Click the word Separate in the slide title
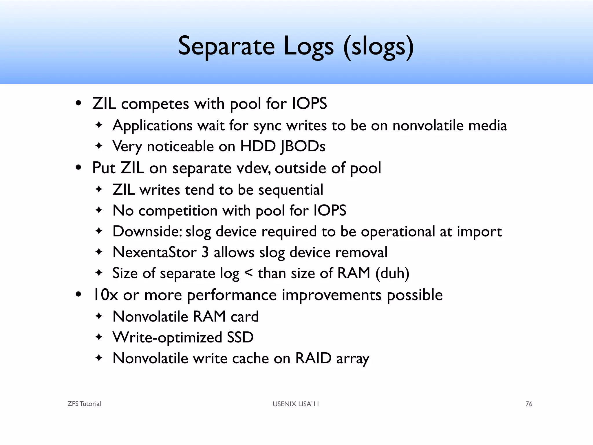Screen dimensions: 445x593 pyautogui.click(x=226, y=46)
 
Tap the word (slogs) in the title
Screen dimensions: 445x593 pyautogui.click(x=378, y=46)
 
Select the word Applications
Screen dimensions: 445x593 pyautogui.click(x=152, y=126)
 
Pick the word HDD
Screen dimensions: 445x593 pyautogui.click(x=258, y=146)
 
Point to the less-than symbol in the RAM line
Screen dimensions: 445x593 pyautogui.click(x=249, y=273)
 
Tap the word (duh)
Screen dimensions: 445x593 pyautogui.click(x=392, y=273)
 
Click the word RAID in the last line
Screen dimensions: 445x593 pyautogui.click(x=313, y=358)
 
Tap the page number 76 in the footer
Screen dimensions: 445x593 pyautogui.click(x=529, y=404)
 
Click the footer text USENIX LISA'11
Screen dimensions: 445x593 pyautogui.click(x=296, y=404)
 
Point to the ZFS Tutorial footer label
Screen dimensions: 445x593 pyautogui.click(x=84, y=404)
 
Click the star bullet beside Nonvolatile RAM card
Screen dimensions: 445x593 pyautogui.click(x=99, y=316)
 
